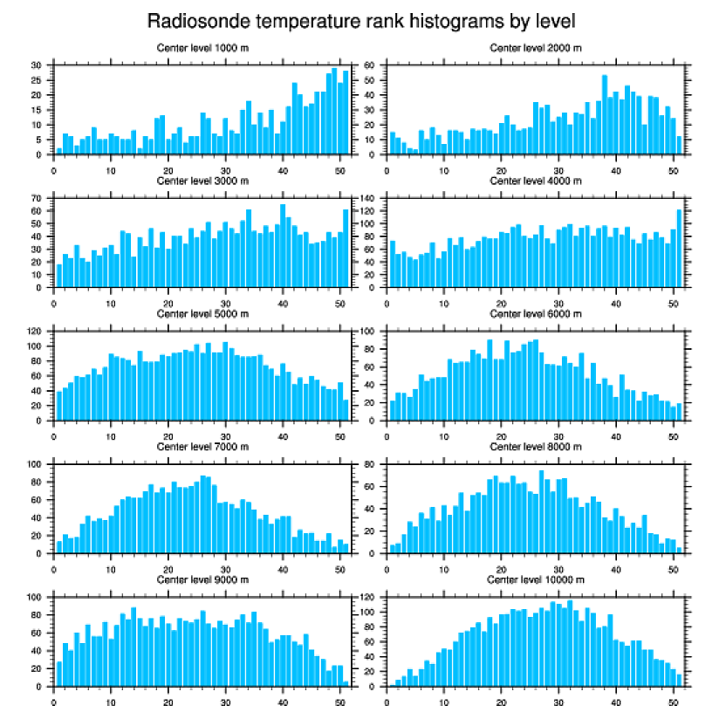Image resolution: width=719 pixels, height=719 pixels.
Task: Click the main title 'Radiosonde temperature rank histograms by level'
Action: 360,20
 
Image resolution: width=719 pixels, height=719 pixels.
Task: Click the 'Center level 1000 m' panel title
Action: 202,48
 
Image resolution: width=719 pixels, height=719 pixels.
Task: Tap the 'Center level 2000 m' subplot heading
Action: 536,48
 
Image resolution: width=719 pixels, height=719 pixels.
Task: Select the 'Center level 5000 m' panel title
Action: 202,314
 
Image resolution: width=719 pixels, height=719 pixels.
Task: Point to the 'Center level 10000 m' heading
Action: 536,579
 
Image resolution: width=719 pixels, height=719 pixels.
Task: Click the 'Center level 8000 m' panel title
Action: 536,447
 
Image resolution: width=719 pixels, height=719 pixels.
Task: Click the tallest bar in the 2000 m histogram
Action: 604,114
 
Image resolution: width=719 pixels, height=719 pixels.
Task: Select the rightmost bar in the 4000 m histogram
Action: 679,248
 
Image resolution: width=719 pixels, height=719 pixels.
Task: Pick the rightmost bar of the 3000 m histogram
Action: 346,248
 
